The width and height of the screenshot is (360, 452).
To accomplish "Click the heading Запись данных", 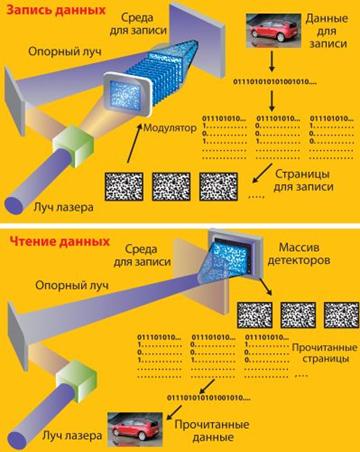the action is (56, 10).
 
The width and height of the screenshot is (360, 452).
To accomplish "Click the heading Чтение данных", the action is (59, 241).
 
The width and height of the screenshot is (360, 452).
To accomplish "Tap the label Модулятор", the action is (170, 128).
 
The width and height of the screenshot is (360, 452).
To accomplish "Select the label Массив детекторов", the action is (299, 254).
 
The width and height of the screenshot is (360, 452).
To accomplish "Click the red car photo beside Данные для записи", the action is (273, 31).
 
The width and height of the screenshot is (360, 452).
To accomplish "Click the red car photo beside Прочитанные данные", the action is (135, 429).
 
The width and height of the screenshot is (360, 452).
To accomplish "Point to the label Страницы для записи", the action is (303, 180).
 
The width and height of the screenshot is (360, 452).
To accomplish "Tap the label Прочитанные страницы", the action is (325, 353).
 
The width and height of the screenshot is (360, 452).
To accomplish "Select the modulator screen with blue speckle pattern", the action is (125, 92).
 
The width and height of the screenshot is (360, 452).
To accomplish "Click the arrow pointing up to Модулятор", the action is (135, 143).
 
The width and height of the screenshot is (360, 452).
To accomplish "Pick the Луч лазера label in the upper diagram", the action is (63, 208).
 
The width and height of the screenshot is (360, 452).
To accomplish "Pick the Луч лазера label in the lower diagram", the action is (72, 436).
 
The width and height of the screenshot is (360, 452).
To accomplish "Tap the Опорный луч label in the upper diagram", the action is (65, 51).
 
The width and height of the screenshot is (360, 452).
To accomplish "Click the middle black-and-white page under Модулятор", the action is (171, 186).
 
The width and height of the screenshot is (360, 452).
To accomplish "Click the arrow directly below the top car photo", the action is (272, 61).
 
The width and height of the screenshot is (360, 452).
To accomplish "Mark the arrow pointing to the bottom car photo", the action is (174, 412).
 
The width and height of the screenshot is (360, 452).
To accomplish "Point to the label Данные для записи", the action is (327, 31).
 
